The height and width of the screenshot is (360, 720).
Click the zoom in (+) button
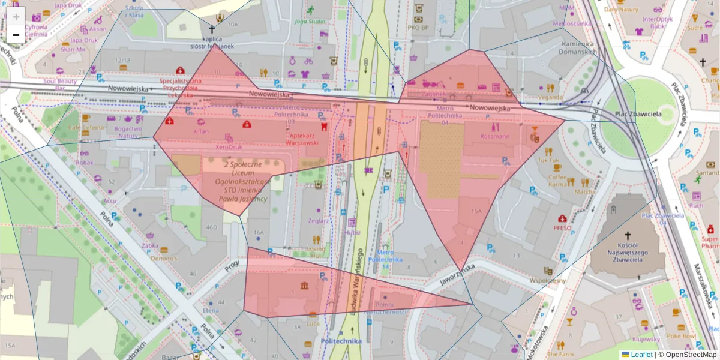16,17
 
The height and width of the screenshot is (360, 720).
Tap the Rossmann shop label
494,136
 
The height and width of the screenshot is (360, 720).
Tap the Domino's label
164,258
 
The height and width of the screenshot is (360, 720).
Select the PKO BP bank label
418,27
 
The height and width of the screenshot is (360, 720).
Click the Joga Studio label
310,22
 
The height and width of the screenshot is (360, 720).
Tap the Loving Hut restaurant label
316,251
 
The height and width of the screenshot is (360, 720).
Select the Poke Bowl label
680,336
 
